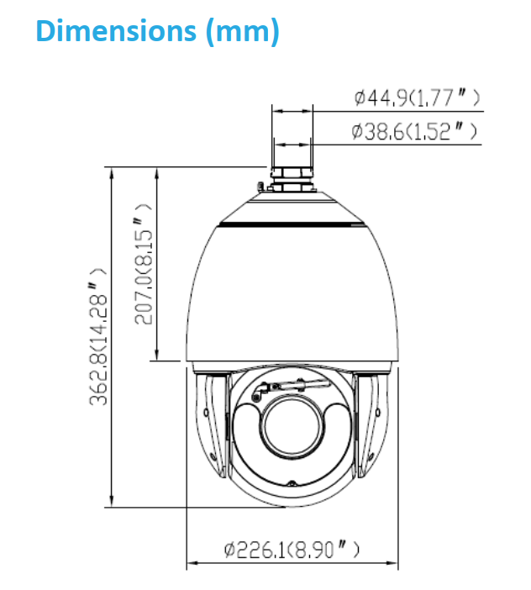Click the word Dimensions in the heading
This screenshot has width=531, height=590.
116,30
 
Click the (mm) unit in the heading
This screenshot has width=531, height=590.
243,32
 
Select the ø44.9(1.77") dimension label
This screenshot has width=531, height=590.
417,97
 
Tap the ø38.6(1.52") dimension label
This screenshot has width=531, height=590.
413,131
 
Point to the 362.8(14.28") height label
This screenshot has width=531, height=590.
97,336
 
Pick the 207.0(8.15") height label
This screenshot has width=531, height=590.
144,264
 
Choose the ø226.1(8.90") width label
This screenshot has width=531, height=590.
292,550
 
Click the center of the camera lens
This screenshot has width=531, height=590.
292,427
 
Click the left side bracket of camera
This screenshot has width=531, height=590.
212,424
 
